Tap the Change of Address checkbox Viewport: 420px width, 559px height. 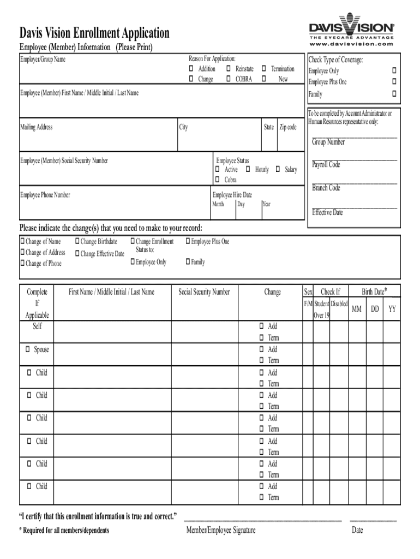click(22, 252)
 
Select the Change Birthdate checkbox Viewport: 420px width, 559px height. click(77, 241)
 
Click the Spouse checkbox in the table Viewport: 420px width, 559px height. click(28, 349)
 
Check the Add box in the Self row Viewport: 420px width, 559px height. click(262, 326)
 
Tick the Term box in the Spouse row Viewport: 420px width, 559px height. click(262, 360)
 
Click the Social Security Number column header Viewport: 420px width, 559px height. click(204, 292)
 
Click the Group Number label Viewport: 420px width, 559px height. click(328, 142)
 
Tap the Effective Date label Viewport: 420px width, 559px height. click(327, 212)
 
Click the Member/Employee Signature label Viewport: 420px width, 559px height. click(220, 530)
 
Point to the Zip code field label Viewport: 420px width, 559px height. click(288, 127)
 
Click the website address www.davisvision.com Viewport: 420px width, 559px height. click(351, 44)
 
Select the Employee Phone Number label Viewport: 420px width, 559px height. click(45, 194)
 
